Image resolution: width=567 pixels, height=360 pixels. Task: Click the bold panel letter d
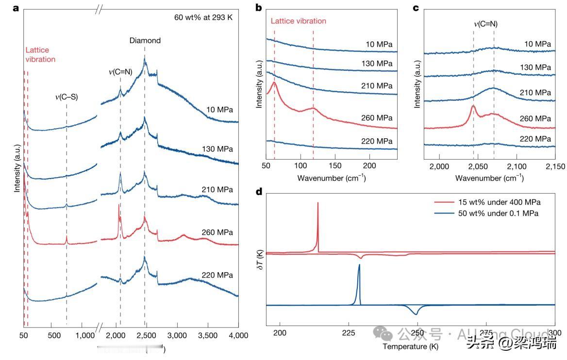(x=258, y=192)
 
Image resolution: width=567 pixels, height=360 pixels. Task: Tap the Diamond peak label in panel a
(x=145, y=41)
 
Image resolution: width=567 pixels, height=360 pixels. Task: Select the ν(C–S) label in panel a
(x=66, y=97)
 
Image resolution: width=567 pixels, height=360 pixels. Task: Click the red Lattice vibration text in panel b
(x=298, y=21)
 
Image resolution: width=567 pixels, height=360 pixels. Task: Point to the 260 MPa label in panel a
(x=217, y=232)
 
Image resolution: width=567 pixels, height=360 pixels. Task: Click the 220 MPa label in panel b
(x=376, y=141)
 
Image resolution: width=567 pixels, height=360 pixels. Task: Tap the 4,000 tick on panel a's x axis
(x=237, y=335)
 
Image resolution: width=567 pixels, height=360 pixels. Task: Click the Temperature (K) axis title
(x=410, y=346)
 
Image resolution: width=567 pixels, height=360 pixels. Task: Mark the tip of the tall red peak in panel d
(x=317, y=203)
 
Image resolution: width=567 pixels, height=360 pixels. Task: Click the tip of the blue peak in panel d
(x=359, y=265)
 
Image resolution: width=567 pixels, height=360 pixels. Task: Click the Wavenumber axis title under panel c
(x=489, y=178)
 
